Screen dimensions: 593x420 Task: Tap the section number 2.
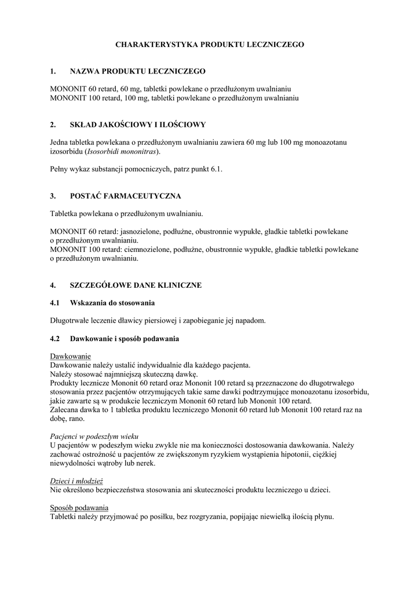[x=53, y=125]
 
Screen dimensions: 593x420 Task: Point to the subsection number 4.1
[x=56, y=303]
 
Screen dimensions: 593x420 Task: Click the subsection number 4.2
[x=56, y=338]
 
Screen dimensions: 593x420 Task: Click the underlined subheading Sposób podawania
[x=79, y=508]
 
